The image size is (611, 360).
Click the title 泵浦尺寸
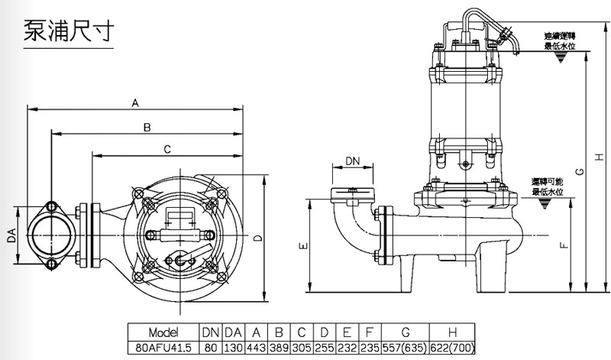68,33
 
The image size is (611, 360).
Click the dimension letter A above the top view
135,102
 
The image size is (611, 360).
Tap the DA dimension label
11,238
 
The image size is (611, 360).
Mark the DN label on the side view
352,161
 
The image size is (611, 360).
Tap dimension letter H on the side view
600,157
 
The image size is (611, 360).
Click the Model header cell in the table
163,332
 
